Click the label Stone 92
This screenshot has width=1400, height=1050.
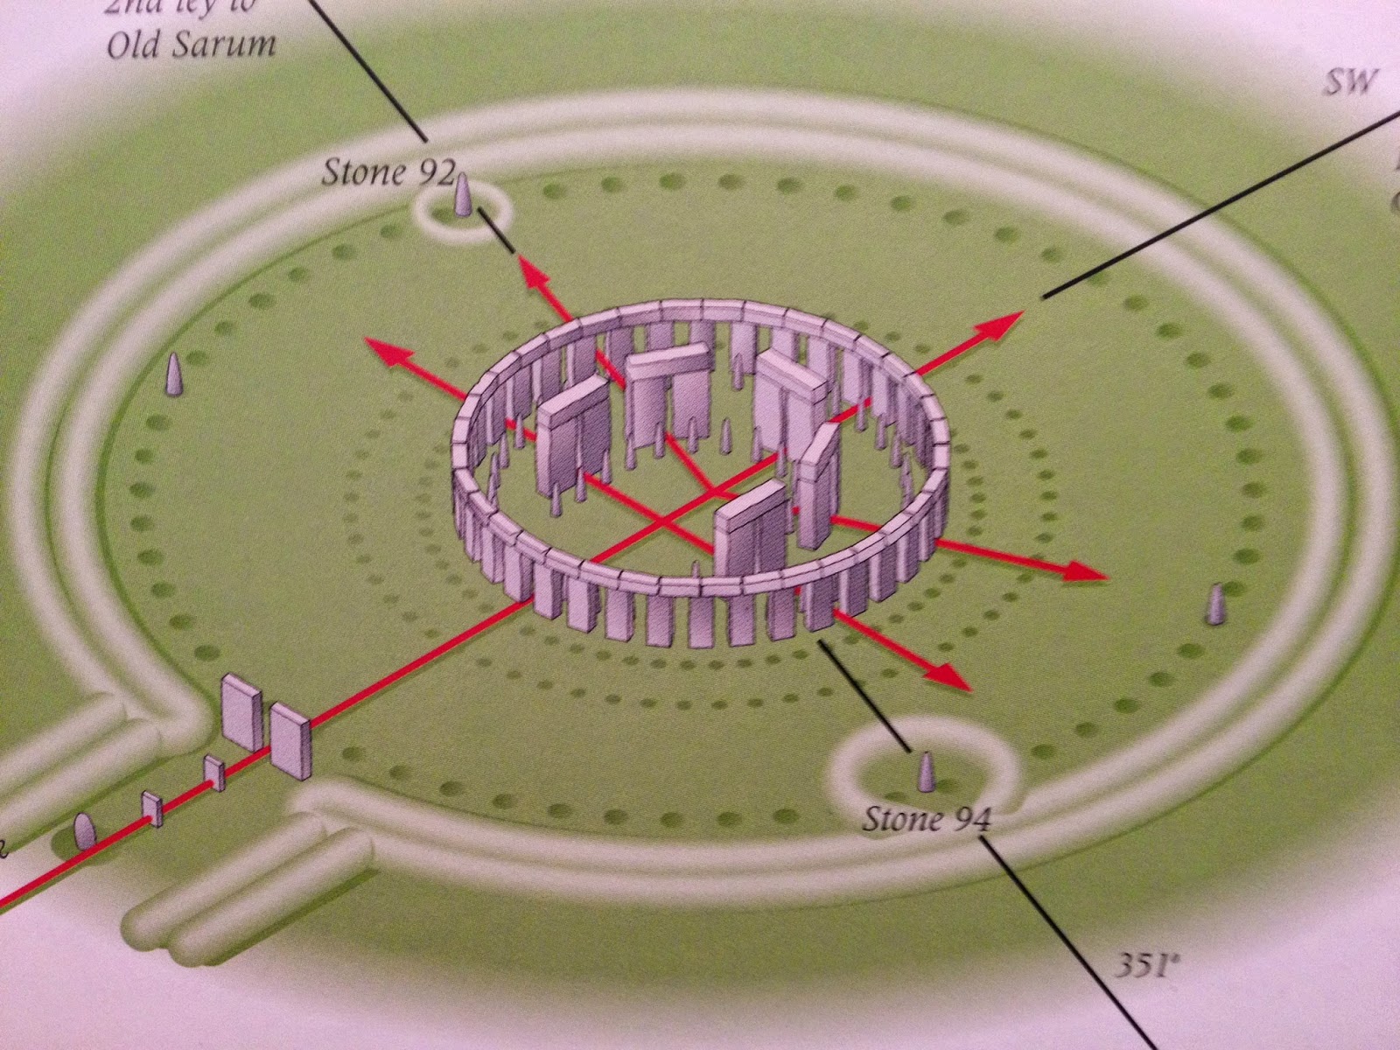(x=385, y=172)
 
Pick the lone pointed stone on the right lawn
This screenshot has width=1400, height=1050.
(x=1214, y=604)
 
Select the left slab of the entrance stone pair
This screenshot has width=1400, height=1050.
(x=241, y=712)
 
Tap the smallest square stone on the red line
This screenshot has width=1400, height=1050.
(x=152, y=808)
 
